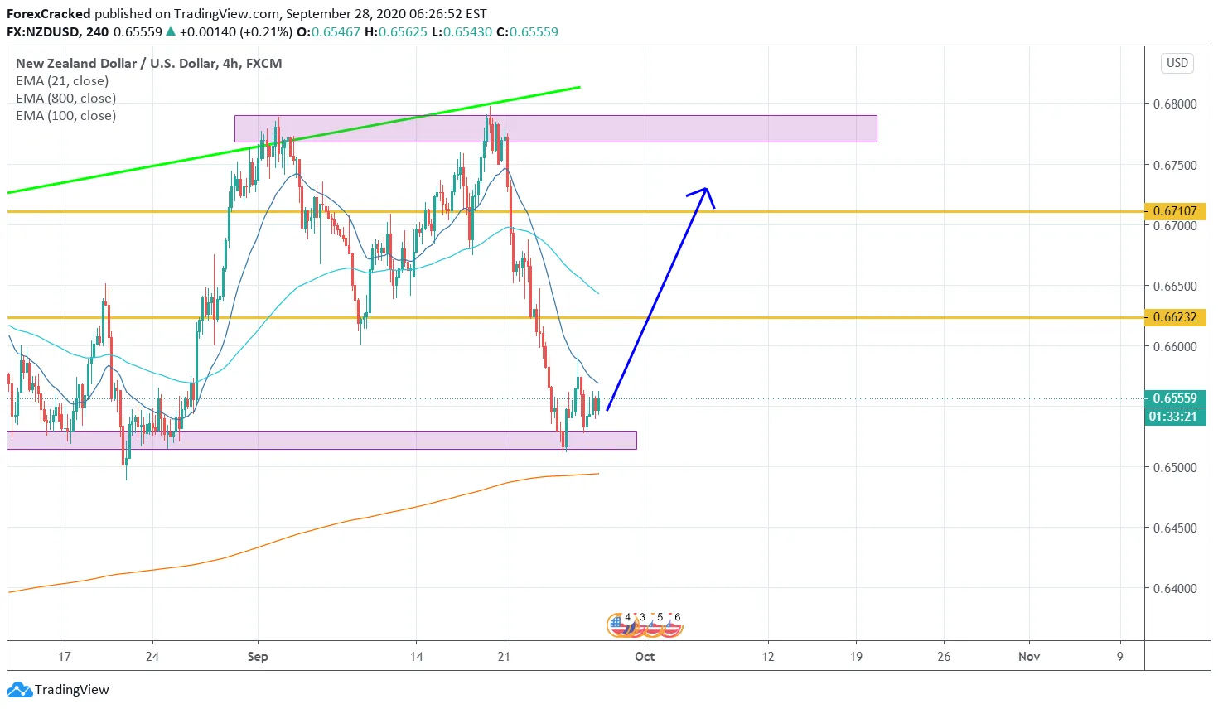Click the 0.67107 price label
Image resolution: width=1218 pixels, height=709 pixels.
1175,211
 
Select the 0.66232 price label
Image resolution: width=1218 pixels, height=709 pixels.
1175,317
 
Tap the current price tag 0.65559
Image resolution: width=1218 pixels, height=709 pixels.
1175,398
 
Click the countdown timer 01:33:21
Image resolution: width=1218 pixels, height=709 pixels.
1172,416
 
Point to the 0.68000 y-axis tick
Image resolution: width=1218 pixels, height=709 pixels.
1175,104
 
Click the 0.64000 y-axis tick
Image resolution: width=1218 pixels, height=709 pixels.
1175,589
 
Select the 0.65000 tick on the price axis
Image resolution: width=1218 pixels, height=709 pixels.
1175,468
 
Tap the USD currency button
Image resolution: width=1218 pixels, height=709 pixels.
1177,63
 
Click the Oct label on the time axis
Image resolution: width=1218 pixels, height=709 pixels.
645,657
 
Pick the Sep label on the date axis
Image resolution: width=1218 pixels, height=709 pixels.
258,657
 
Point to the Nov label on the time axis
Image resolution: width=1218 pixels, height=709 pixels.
1029,657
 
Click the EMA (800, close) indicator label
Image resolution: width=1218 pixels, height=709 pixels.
65,99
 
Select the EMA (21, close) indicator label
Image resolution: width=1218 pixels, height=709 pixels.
62,81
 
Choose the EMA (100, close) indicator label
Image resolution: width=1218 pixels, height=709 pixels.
65,116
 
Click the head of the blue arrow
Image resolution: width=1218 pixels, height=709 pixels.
705,191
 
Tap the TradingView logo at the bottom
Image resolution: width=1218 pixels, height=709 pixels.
58,690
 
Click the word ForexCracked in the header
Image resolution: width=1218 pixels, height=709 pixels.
48,14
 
